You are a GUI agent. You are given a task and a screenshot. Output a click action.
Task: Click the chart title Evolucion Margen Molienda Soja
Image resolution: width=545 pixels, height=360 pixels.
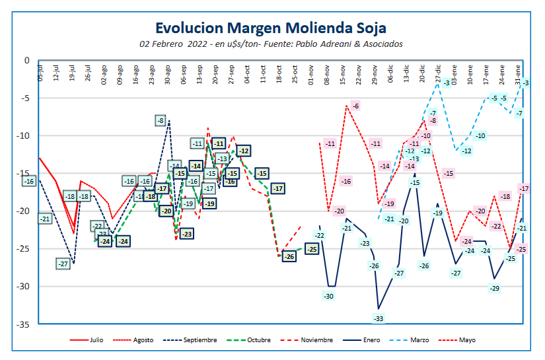tap(271, 28)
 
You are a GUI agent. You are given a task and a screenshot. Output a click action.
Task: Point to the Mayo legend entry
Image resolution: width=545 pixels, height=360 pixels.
tap(465, 340)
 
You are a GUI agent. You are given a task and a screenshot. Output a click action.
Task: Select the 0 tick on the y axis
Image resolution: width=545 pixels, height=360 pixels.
tap(27, 61)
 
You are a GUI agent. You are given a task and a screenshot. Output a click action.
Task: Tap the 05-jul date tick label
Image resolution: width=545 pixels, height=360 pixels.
tap(40, 72)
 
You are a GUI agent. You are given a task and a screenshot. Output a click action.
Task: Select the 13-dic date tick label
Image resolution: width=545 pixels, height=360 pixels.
tap(406, 72)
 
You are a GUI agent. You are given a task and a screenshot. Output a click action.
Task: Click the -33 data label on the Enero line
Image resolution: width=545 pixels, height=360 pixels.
tap(379, 318)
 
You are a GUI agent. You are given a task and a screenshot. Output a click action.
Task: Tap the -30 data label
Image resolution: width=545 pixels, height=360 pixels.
tap(328, 296)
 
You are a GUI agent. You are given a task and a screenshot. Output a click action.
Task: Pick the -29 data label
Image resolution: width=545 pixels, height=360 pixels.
tap(494, 288)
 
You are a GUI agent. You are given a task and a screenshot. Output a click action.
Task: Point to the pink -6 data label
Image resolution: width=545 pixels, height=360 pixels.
tap(355, 106)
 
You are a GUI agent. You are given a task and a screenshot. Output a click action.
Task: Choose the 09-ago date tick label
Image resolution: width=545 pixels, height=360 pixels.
tap(120, 72)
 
